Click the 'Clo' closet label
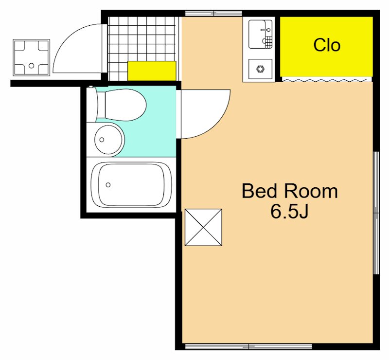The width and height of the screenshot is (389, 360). click(327, 45)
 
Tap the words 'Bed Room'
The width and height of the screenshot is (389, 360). click(290, 191)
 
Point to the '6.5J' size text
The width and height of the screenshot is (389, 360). click(289, 212)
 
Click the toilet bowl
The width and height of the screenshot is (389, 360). click(121, 105)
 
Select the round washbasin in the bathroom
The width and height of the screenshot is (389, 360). click(109, 140)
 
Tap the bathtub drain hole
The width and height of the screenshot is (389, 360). click(108, 185)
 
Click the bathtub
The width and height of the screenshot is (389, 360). click(131, 185)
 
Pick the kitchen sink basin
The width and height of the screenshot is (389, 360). click(260, 34)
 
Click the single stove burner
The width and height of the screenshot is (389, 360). click(260, 69)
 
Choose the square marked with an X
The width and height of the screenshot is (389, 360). click(203, 227)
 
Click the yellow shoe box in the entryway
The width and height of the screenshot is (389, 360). click(152, 71)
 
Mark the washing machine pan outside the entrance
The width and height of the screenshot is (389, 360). click(32, 57)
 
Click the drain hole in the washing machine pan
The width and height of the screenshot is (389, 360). click(31, 66)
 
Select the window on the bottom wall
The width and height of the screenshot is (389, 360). click(248, 346)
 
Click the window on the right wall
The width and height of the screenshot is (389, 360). click(376, 213)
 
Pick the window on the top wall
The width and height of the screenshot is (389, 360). click(213, 13)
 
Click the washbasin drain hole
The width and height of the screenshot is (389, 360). click(102, 140)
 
